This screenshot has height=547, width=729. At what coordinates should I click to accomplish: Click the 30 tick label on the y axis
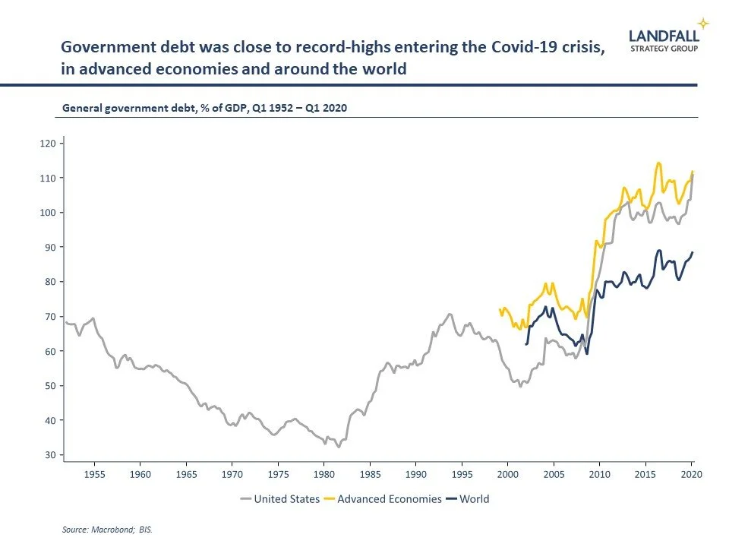pos(49,455)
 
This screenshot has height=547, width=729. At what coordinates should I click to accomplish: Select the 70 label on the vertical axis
pos(49,317)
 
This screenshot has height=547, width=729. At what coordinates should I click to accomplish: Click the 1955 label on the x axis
pos(94,474)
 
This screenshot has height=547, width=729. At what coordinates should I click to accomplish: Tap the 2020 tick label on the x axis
pos(691,474)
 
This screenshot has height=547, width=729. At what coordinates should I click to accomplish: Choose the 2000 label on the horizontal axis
pos(507,474)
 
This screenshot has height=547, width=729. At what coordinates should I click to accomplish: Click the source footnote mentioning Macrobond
pos(107,530)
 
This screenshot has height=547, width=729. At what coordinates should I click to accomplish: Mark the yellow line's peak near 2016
pos(658,163)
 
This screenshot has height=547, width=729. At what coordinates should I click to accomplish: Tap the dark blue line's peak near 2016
pos(658,250)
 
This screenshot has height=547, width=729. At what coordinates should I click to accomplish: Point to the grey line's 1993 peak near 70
pos(450,313)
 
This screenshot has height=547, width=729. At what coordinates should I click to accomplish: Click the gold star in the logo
pos(704,23)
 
